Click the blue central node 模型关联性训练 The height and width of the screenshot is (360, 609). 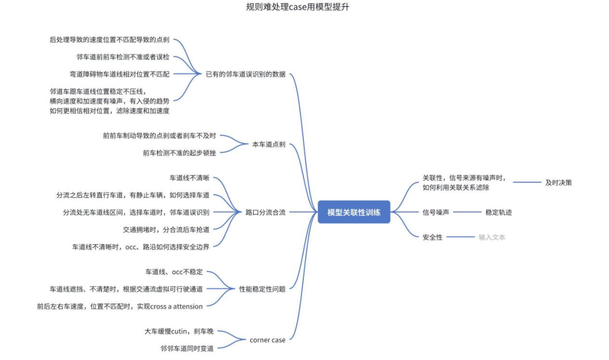354,212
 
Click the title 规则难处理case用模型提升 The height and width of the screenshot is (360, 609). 302,7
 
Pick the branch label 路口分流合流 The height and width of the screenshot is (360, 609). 265,213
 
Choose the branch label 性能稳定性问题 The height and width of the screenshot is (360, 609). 262,289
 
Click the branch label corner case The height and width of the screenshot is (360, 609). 267,340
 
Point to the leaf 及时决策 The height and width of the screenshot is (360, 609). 558,182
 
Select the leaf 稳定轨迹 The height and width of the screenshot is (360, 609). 498,212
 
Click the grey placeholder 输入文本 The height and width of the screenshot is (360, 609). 492,237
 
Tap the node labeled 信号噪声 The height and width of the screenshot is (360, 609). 436,212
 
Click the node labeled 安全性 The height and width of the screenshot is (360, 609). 433,237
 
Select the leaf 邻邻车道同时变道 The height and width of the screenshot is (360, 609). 187,348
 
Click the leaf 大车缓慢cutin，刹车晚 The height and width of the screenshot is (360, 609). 179,331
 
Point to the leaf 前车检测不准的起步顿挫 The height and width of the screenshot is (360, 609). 179,152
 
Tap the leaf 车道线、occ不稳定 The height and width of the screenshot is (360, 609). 174,272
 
